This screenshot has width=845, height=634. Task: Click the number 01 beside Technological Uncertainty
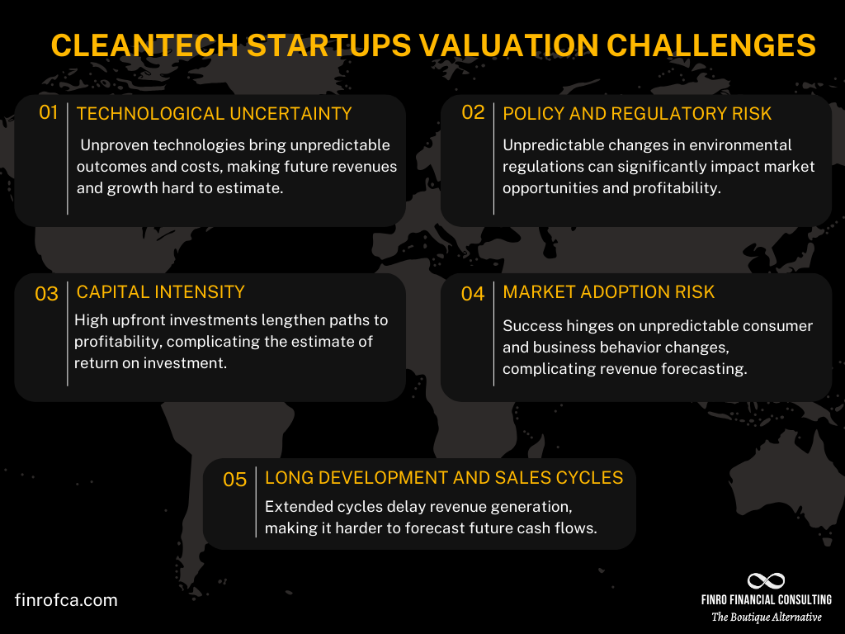tap(49, 112)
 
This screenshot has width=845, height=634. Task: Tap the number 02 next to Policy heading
tap(473, 112)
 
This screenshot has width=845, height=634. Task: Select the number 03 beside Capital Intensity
tap(46, 293)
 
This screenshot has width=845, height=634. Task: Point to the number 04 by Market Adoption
tap(473, 293)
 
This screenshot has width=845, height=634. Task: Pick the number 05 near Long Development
tap(235, 479)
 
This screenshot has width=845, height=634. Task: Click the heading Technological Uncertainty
tap(214, 114)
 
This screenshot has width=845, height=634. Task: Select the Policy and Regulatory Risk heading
tap(637, 114)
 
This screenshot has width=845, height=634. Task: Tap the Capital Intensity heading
tap(160, 291)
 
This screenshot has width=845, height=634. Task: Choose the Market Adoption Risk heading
tap(608, 292)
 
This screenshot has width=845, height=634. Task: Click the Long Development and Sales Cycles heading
tap(443, 477)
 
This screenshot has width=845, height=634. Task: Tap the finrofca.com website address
tap(66, 600)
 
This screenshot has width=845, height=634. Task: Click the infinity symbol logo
tap(766, 581)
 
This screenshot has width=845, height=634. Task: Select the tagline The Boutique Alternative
tap(767, 617)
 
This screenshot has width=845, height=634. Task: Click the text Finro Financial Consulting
tap(767, 600)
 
